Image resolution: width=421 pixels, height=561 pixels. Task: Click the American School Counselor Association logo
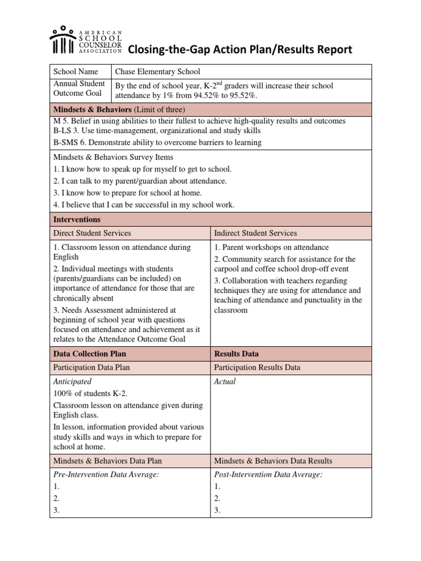(x=86, y=40)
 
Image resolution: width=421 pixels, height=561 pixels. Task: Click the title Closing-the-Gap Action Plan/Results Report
(x=240, y=50)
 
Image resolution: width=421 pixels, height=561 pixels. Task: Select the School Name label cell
(x=75, y=71)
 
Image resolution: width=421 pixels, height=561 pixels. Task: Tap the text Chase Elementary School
(x=157, y=71)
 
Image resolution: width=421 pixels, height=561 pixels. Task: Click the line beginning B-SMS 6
(x=157, y=142)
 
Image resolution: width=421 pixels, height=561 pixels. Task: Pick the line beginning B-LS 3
(x=157, y=131)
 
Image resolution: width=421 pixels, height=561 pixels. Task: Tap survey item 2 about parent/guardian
(x=140, y=181)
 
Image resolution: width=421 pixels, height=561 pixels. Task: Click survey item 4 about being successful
(x=144, y=205)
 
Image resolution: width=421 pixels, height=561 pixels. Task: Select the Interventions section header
(x=77, y=219)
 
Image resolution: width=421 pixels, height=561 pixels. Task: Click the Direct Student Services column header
(x=92, y=233)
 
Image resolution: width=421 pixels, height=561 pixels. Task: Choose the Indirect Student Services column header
(x=255, y=233)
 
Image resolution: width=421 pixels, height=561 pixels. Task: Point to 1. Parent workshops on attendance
(x=271, y=247)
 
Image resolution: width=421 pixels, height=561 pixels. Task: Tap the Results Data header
(x=237, y=354)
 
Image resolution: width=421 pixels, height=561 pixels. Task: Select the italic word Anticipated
(x=72, y=381)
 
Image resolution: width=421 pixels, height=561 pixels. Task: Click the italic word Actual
(x=225, y=381)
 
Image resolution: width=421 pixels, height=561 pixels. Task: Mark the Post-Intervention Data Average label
(x=268, y=474)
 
